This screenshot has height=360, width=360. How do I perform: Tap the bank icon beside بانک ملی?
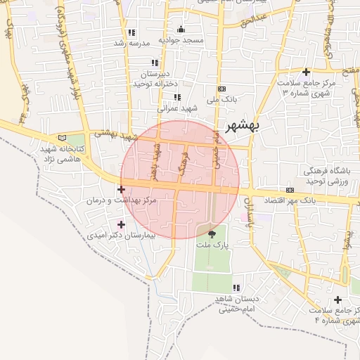tap(222, 89)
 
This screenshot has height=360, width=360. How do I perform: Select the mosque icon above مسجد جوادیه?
tap(181, 30)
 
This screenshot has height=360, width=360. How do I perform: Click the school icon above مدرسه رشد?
tap(131, 32)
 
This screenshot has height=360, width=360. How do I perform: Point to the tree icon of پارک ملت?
tap(212, 233)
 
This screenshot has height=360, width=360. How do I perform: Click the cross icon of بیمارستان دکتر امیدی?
tap(122, 225)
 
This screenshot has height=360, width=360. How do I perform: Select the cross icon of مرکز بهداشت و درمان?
tap(122, 189)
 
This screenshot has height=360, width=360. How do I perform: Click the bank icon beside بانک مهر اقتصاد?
tap(290, 191)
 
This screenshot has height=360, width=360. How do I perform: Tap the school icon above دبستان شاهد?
tap(236, 288)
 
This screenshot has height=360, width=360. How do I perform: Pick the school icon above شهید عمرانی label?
tap(176, 97)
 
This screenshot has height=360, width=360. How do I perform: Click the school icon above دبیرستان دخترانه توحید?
tap(155, 63)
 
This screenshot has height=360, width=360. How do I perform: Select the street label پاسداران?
tap(247, 211)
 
